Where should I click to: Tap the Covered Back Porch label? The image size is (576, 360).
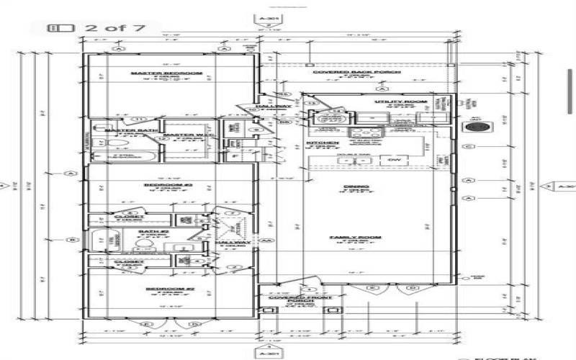point(339,73)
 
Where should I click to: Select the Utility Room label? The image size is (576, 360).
point(397,102)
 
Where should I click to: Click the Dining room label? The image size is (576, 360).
point(357,187)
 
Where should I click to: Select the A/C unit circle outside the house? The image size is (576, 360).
point(477,127)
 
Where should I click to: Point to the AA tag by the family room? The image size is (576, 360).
point(267,240)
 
